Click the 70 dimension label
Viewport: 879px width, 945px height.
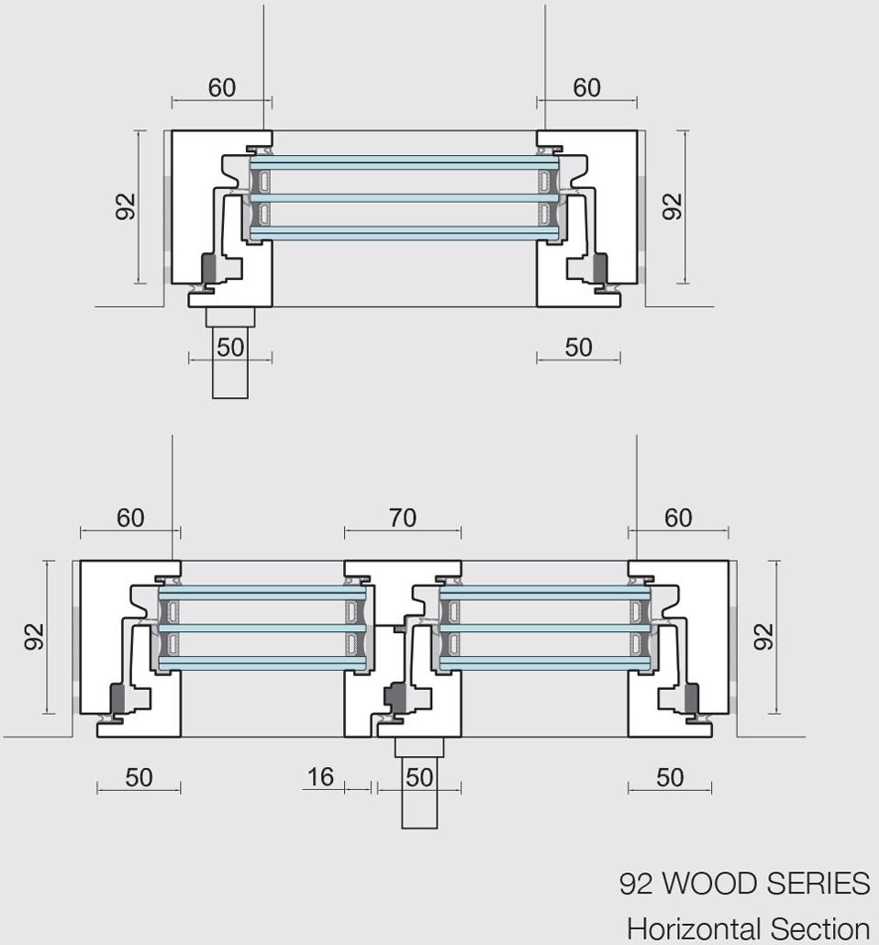click(x=403, y=517)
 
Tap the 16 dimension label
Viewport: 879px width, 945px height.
click(x=320, y=777)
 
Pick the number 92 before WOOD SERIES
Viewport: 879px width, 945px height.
click(x=636, y=884)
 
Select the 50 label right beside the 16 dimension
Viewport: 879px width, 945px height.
click(x=418, y=777)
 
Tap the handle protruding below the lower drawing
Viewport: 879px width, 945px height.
click(x=419, y=789)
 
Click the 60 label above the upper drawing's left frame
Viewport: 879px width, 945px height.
click(x=222, y=87)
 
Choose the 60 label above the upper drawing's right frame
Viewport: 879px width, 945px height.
click(x=587, y=87)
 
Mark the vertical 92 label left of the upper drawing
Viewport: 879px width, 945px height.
click(x=126, y=206)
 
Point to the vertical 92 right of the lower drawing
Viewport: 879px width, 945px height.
click(x=763, y=636)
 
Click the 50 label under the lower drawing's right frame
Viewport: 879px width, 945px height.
click(x=670, y=777)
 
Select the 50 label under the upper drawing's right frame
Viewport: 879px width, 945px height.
click(x=578, y=347)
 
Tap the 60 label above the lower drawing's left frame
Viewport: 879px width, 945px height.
click(x=130, y=517)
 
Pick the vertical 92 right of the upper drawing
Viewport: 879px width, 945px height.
click(x=673, y=206)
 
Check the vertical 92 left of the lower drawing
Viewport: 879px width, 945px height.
click(x=34, y=636)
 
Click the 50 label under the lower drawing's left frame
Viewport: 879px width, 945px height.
click(x=139, y=777)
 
